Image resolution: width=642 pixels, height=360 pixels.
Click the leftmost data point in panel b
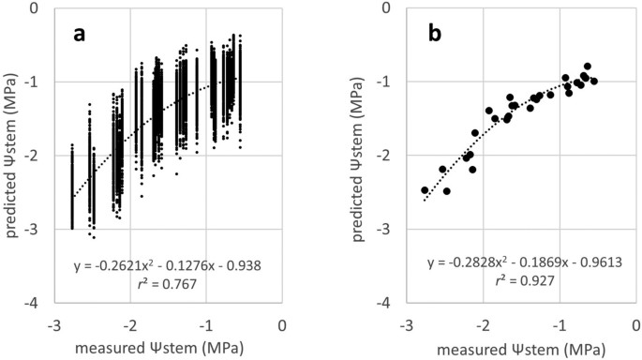coord(425,190)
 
